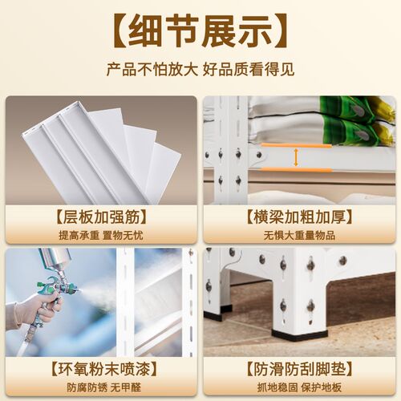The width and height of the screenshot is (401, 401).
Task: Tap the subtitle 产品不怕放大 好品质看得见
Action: pos(200,70)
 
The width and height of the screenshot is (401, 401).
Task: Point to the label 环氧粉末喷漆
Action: pos(100,369)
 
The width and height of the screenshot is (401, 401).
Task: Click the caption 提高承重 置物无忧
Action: pos(100,235)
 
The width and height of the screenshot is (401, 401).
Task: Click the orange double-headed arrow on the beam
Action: pos(296,157)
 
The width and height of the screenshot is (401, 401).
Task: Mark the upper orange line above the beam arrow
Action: pos(296,146)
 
